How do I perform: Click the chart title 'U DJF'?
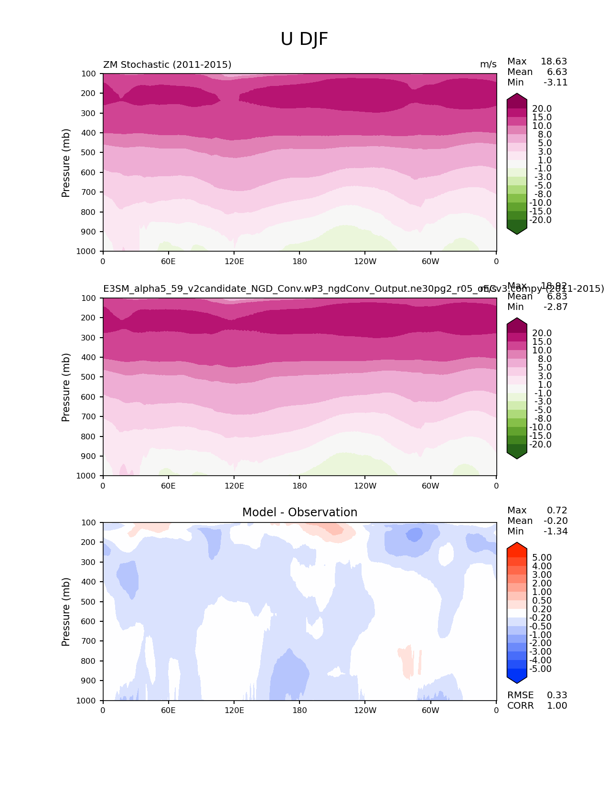click(304, 39)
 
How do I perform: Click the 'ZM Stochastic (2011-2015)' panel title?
click(167, 64)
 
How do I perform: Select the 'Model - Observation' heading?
click(299, 512)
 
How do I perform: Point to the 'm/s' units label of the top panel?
click(488, 64)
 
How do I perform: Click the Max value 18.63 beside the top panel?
click(554, 61)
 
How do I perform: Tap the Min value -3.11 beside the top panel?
click(556, 82)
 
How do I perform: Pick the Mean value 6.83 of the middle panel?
click(557, 296)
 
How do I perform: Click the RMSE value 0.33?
click(557, 695)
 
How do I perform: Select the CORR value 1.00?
click(557, 705)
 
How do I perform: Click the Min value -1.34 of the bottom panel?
click(556, 531)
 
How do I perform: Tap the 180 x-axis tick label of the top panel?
click(299, 261)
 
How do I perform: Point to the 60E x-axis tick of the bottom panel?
click(168, 710)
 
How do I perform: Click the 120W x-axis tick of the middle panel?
click(365, 486)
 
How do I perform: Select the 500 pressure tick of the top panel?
click(89, 152)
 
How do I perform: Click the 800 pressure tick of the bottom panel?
click(89, 661)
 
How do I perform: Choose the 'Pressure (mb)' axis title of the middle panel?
click(66, 387)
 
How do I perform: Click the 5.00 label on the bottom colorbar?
click(542, 557)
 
